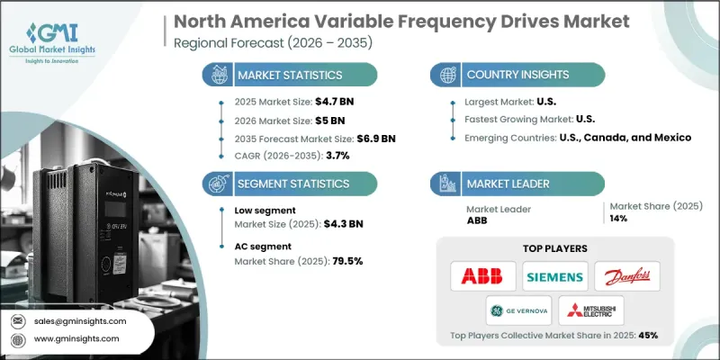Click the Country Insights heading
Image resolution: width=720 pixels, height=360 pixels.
coord(517,75)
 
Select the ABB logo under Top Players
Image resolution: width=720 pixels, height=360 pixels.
coord(483,275)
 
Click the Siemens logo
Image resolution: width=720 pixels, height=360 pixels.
coord(555,275)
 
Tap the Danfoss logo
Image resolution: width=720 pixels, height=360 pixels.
coord(627,275)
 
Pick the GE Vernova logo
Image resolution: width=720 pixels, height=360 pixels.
coord(518,310)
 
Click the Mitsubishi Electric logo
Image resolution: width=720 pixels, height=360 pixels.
coord(591,310)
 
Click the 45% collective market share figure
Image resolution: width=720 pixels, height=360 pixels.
coord(647,336)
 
